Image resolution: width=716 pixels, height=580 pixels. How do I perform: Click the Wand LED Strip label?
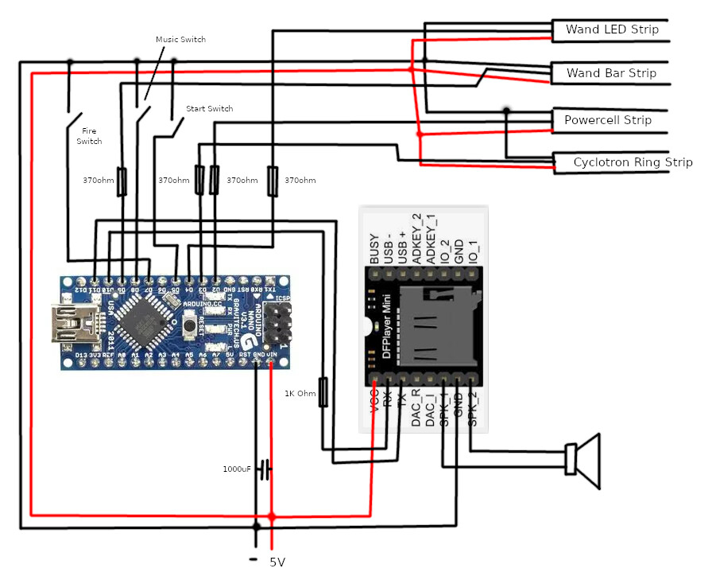click(612, 29)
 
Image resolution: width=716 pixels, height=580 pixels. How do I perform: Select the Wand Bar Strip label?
click(611, 73)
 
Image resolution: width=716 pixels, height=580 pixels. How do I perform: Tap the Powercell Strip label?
click(608, 120)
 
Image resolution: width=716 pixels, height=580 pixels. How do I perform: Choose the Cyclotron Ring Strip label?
click(633, 162)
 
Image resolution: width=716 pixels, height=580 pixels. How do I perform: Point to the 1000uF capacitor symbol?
click(265, 469)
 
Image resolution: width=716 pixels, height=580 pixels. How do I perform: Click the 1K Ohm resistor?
click(323, 393)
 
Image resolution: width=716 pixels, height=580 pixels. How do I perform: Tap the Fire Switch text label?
click(89, 135)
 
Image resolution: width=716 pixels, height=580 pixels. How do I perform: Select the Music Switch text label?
click(180, 39)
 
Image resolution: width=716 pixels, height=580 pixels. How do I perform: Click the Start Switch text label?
click(209, 108)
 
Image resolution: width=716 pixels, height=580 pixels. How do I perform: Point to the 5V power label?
click(277, 562)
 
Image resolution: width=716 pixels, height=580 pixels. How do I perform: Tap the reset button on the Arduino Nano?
click(190, 325)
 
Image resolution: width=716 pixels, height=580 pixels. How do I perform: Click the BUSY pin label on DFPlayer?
click(374, 248)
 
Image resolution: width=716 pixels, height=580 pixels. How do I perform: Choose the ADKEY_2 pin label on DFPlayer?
click(416, 239)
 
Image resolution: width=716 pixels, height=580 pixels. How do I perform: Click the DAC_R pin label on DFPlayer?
click(416, 410)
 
